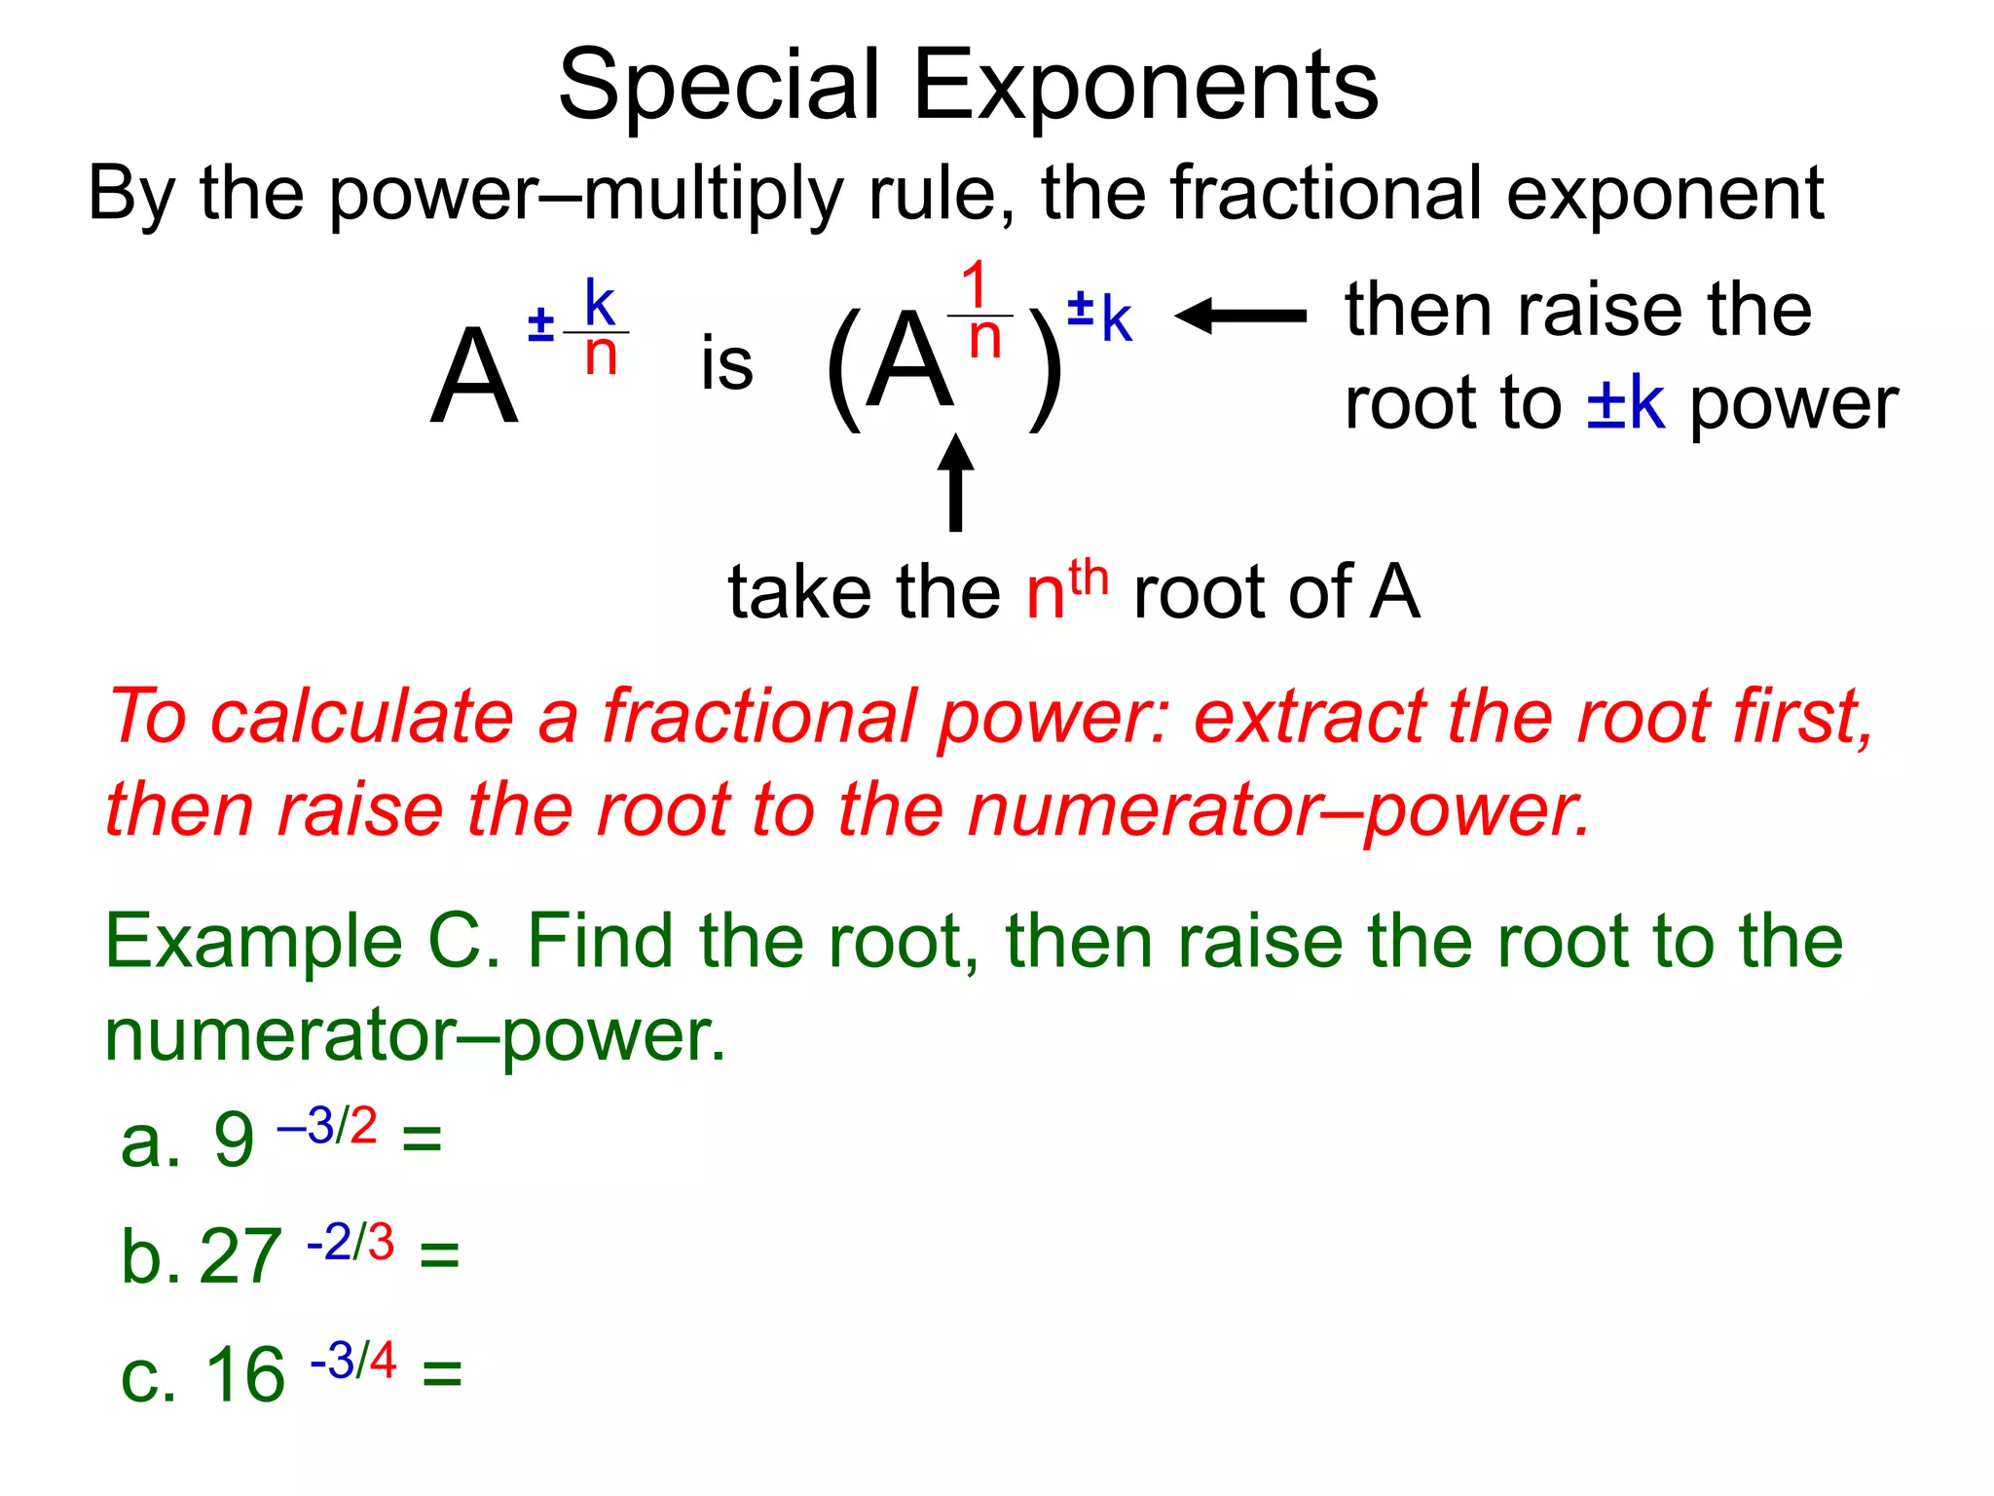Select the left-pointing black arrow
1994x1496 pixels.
click(1240, 316)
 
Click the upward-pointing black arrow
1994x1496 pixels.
click(955, 482)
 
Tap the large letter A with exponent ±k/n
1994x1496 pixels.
click(473, 378)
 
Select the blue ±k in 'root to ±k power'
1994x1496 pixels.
click(1625, 403)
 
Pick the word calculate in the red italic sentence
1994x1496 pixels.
click(362, 717)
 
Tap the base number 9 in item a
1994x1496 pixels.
click(234, 1141)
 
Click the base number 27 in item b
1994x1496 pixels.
click(240, 1257)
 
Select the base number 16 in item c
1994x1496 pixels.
click(245, 1375)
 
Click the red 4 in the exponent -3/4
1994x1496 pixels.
click(383, 1360)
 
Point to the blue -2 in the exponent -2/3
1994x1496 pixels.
click(329, 1243)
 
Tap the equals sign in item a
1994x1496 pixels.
click(422, 1139)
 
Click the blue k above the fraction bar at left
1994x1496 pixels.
click(599, 304)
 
